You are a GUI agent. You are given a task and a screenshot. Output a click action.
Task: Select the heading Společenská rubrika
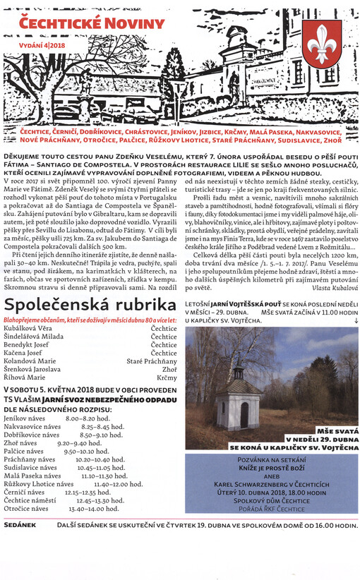(90, 305)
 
